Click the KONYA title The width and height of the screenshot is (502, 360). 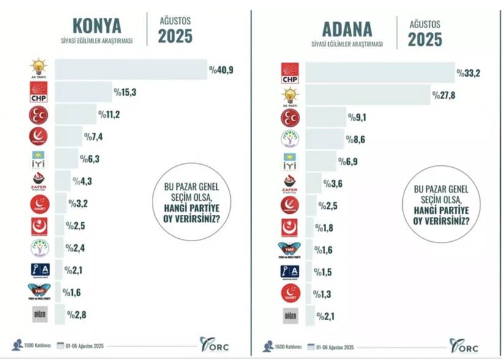(97, 26)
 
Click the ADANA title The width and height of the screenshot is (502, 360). (347, 28)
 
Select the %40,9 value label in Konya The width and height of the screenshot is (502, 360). (221, 70)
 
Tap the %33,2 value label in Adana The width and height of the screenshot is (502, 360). (468, 74)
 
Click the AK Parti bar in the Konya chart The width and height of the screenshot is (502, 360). (131, 69)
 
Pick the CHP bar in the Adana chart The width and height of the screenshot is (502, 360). (380, 73)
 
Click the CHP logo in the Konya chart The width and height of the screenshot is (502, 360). (39, 93)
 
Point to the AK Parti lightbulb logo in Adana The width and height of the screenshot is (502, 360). (290, 96)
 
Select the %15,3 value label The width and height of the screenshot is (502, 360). (125, 92)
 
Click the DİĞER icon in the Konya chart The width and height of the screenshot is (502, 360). (39, 315)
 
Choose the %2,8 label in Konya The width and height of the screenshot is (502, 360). (77, 315)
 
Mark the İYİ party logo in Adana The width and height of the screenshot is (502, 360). (290, 162)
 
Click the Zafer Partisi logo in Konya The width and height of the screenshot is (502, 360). (39, 181)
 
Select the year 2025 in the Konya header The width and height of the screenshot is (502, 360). (175, 36)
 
